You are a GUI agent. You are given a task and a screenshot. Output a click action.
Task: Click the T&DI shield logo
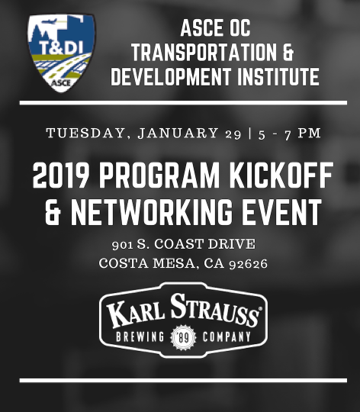(x=61, y=53)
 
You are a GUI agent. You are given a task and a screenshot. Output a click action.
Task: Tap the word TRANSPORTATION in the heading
(x=204, y=52)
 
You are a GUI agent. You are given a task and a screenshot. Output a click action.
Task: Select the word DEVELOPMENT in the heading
(x=171, y=76)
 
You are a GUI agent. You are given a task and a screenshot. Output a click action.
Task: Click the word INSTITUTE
(x=278, y=76)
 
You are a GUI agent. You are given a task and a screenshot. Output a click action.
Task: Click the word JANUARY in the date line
(x=178, y=133)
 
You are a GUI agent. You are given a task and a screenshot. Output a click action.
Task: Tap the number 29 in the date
(x=233, y=134)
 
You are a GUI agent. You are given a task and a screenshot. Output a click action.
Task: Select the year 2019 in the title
(x=61, y=175)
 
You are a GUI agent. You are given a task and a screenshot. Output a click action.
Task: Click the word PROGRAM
(x=159, y=175)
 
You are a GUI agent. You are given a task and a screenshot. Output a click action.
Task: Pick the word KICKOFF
(x=281, y=175)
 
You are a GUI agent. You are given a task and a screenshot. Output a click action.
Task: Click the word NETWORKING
(x=152, y=212)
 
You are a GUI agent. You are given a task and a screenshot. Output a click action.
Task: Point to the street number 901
(x=122, y=245)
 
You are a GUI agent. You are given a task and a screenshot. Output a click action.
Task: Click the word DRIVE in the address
(x=231, y=244)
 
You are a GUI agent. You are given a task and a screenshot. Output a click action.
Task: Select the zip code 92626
(x=248, y=264)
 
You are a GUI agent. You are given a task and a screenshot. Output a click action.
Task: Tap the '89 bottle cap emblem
(x=183, y=338)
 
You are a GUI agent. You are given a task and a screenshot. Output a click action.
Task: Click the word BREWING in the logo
(x=140, y=337)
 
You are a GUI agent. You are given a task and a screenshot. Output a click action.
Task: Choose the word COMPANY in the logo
(x=227, y=337)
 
